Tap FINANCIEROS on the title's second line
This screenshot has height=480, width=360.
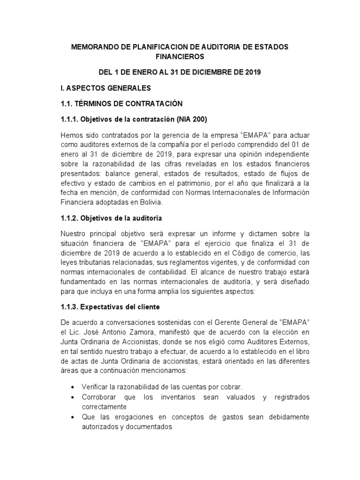(180, 57)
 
